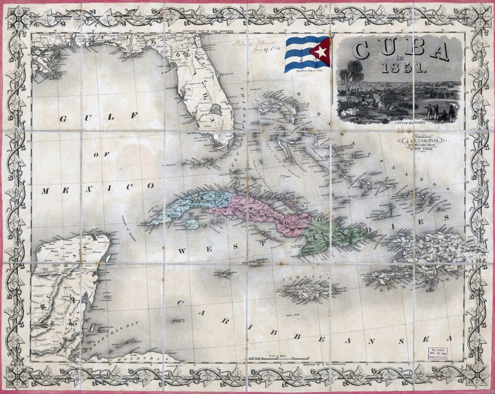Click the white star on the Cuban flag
320,51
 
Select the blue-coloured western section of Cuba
193,206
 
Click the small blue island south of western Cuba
192,224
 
